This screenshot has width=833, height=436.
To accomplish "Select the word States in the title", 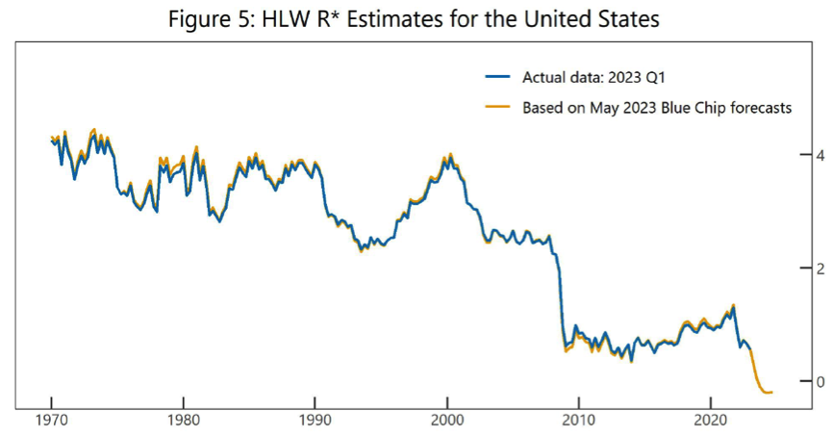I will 629,19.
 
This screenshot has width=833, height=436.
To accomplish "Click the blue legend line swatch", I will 499,78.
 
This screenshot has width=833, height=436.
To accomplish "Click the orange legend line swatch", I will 499,108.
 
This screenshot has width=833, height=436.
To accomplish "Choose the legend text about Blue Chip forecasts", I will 657,108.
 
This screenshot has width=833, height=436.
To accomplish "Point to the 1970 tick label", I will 52,421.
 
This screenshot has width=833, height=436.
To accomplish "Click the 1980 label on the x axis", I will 184,421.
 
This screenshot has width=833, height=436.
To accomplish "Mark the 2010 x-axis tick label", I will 578,421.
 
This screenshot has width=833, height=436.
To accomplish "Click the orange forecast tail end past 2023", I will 770,392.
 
